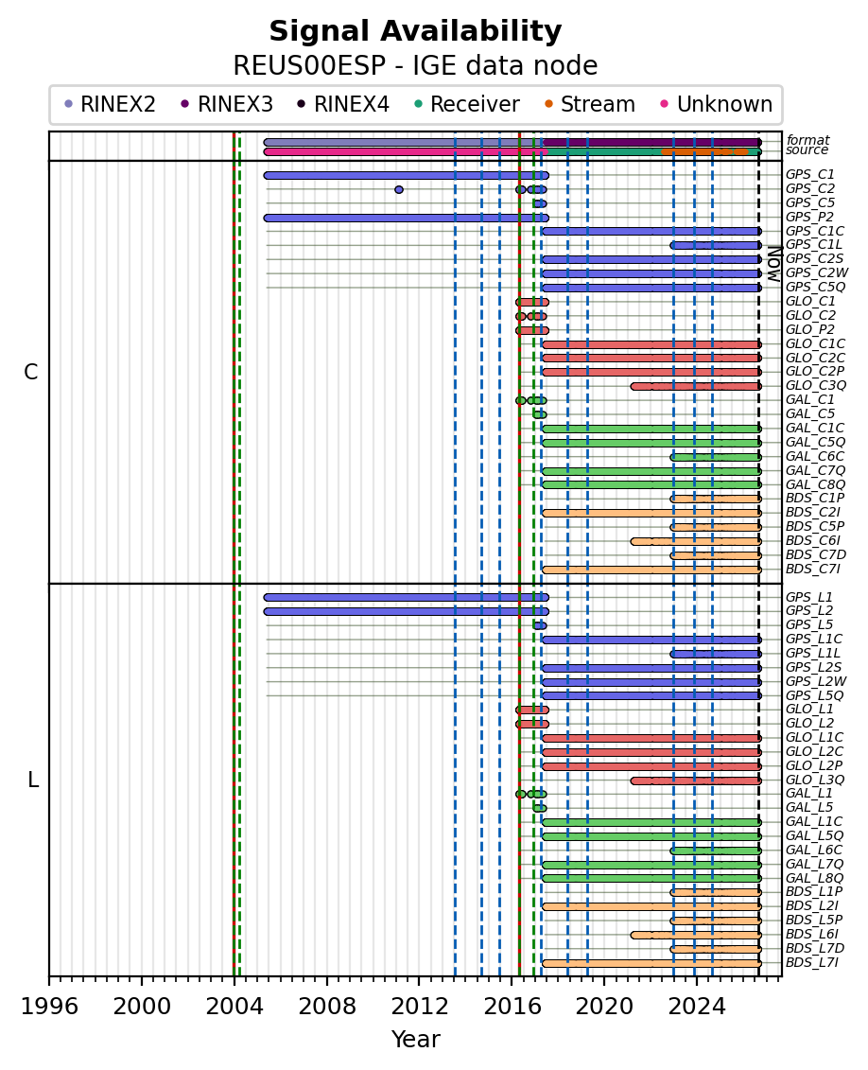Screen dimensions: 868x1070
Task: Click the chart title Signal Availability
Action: pos(415,31)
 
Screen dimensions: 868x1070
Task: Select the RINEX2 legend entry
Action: pos(111,104)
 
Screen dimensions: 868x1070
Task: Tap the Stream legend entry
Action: pos(590,104)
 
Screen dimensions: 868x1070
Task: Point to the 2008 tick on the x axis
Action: pos(326,980)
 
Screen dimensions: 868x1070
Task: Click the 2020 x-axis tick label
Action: pos(604,1006)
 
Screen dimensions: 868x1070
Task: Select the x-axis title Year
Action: pos(415,1040)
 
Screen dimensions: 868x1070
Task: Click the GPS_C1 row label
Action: pos(810,175)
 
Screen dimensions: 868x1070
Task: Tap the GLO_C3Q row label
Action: pos(815,386)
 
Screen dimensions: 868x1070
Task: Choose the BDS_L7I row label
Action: pos(812,963)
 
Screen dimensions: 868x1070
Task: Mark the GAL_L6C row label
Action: pos(814,851)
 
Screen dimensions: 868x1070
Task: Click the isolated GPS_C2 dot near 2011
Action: pos(399,190)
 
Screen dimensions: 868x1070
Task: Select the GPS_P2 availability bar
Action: pos(407,218)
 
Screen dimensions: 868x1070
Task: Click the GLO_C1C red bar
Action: pos(651,344)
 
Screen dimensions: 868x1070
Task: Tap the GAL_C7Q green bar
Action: pos(651,471)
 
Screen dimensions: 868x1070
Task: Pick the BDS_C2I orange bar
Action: pos(651,513)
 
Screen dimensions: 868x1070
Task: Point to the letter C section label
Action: pos(30,372)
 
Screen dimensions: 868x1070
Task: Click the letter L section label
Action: pos(33,780)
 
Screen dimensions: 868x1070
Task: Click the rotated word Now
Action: pos(773,264)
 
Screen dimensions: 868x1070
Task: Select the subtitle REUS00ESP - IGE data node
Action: pos(415,66)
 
